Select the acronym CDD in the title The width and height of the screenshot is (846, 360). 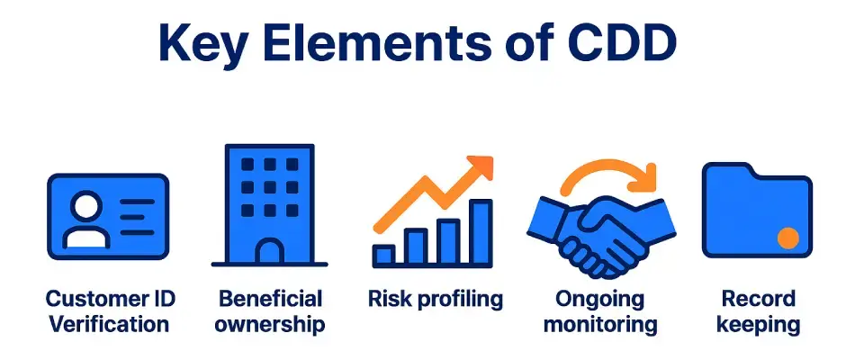pos(615,42)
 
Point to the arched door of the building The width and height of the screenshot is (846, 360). pos(270,251)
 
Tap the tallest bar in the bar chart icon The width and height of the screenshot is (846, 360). pos(480,232)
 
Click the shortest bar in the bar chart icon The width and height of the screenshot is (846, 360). pos(383,256)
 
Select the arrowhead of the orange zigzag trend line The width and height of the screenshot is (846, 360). pos(481,167)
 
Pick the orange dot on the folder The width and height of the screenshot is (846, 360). pos(788,238)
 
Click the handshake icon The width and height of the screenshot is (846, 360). pos(601,233)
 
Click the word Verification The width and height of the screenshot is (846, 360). pos(110,324)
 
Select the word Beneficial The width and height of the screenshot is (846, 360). pos(270,299)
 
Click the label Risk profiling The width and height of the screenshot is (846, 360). pos(435,300)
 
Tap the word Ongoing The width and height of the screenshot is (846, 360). pos(600,300)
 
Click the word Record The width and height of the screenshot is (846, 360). pos(758,299)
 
